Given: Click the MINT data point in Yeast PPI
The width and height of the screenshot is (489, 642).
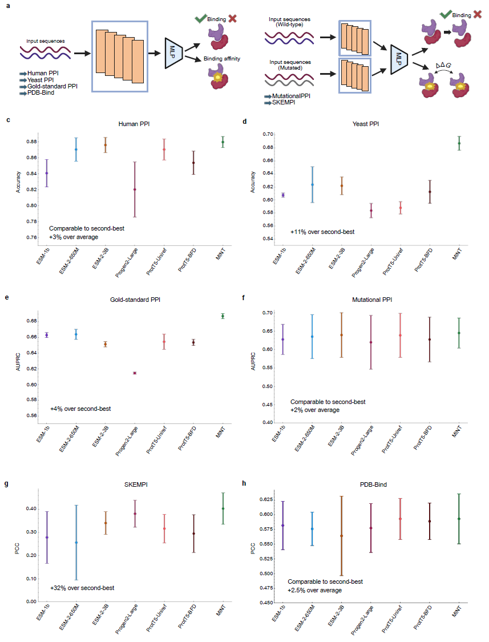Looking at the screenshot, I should click(459, 143).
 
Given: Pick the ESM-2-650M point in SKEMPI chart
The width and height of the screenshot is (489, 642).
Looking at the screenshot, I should click(76, 542).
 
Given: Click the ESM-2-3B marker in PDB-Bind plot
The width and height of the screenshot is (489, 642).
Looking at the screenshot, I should click(342, 536).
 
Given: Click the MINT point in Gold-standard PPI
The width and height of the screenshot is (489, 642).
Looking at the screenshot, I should click(223, 316).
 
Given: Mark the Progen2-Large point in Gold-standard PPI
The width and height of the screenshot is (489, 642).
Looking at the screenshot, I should click(135, 373).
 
